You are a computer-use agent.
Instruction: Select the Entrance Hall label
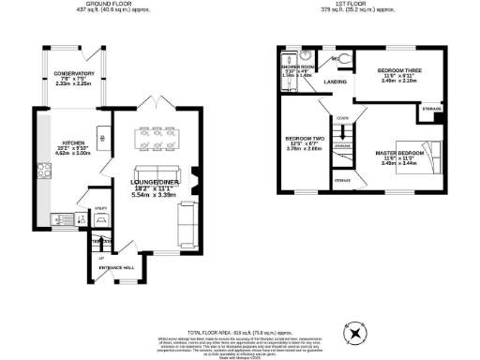pos(116,268)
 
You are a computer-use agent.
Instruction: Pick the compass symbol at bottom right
pos(355,334)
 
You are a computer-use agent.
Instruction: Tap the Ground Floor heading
pos(102,4)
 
